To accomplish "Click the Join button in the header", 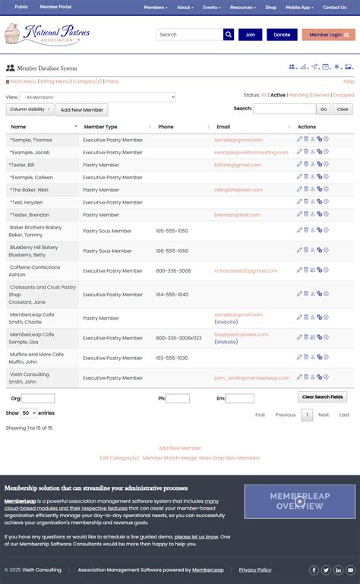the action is point(250,34).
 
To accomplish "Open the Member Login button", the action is point(328,34).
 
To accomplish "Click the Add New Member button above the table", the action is point(84,110).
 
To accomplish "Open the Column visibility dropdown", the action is point(30,109).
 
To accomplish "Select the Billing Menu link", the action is point(54,81).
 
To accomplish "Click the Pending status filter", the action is point(298,96).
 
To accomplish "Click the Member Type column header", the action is point(100,127).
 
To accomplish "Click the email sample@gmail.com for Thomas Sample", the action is point(238,140).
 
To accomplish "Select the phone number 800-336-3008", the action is point(173,270).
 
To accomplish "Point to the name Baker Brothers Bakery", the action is point(36,227).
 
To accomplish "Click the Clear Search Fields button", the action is point(322,397).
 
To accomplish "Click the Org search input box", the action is point(38,398).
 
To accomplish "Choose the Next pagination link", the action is point(324,415).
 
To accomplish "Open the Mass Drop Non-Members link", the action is point(229,458).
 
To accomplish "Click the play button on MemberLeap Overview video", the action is point(300,501).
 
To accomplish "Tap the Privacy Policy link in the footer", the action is point(255,570).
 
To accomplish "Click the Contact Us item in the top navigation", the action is point(334,7).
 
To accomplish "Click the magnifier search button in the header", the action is point(229,34).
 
